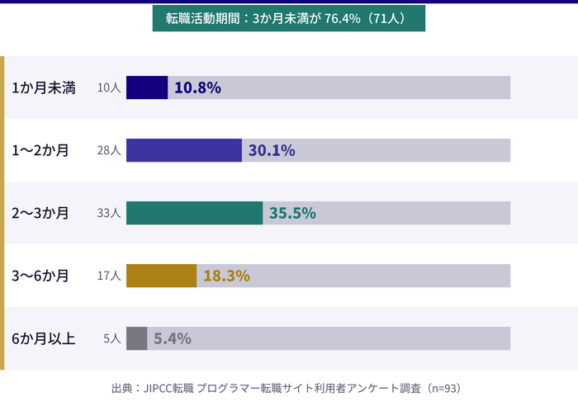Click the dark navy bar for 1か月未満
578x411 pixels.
coord(147,87)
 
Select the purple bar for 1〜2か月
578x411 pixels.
coord(183,150)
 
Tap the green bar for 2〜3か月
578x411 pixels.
coord(194,213)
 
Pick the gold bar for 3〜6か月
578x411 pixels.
coord(161,276)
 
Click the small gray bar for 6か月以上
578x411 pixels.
coord(136,338)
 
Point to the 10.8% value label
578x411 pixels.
coord(197,87)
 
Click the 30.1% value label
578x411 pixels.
coord(271,150)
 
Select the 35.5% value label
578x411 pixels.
coord(292,213)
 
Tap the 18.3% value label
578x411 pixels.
coord(226,276)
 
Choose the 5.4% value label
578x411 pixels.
coord(173,338)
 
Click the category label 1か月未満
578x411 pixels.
coord(44,87)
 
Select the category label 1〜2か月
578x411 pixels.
coord(40,150)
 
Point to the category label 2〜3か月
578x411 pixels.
coord(40,213)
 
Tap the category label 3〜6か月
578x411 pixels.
coord(40,276)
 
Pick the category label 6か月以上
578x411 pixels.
coord(44,338)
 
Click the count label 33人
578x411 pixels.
coord(109,213)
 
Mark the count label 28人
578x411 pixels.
coord(109,150)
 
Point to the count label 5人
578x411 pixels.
coord(113,338)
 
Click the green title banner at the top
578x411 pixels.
coord(289,17)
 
